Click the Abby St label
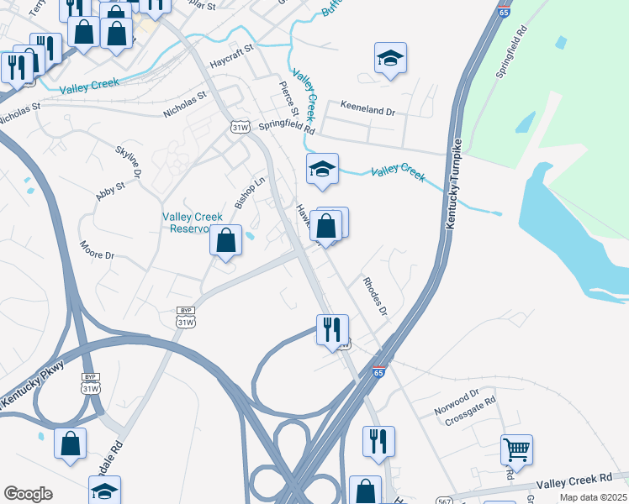pyautogui.click(x=110, y=190)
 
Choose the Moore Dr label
pyautogui.click(x=97, y=249)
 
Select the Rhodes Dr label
pyautogui.click(x=374, y=297)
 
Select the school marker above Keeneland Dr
pyautogui.click(x=389, y=59)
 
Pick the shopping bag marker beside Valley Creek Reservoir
pyautogui.click(x=225, y=241)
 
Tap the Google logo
pyautogui.click(x=28, y=494)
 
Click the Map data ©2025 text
pyautogui.click(x=594, y=497)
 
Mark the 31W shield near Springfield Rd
pyautogui.click(x=240, y=126)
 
